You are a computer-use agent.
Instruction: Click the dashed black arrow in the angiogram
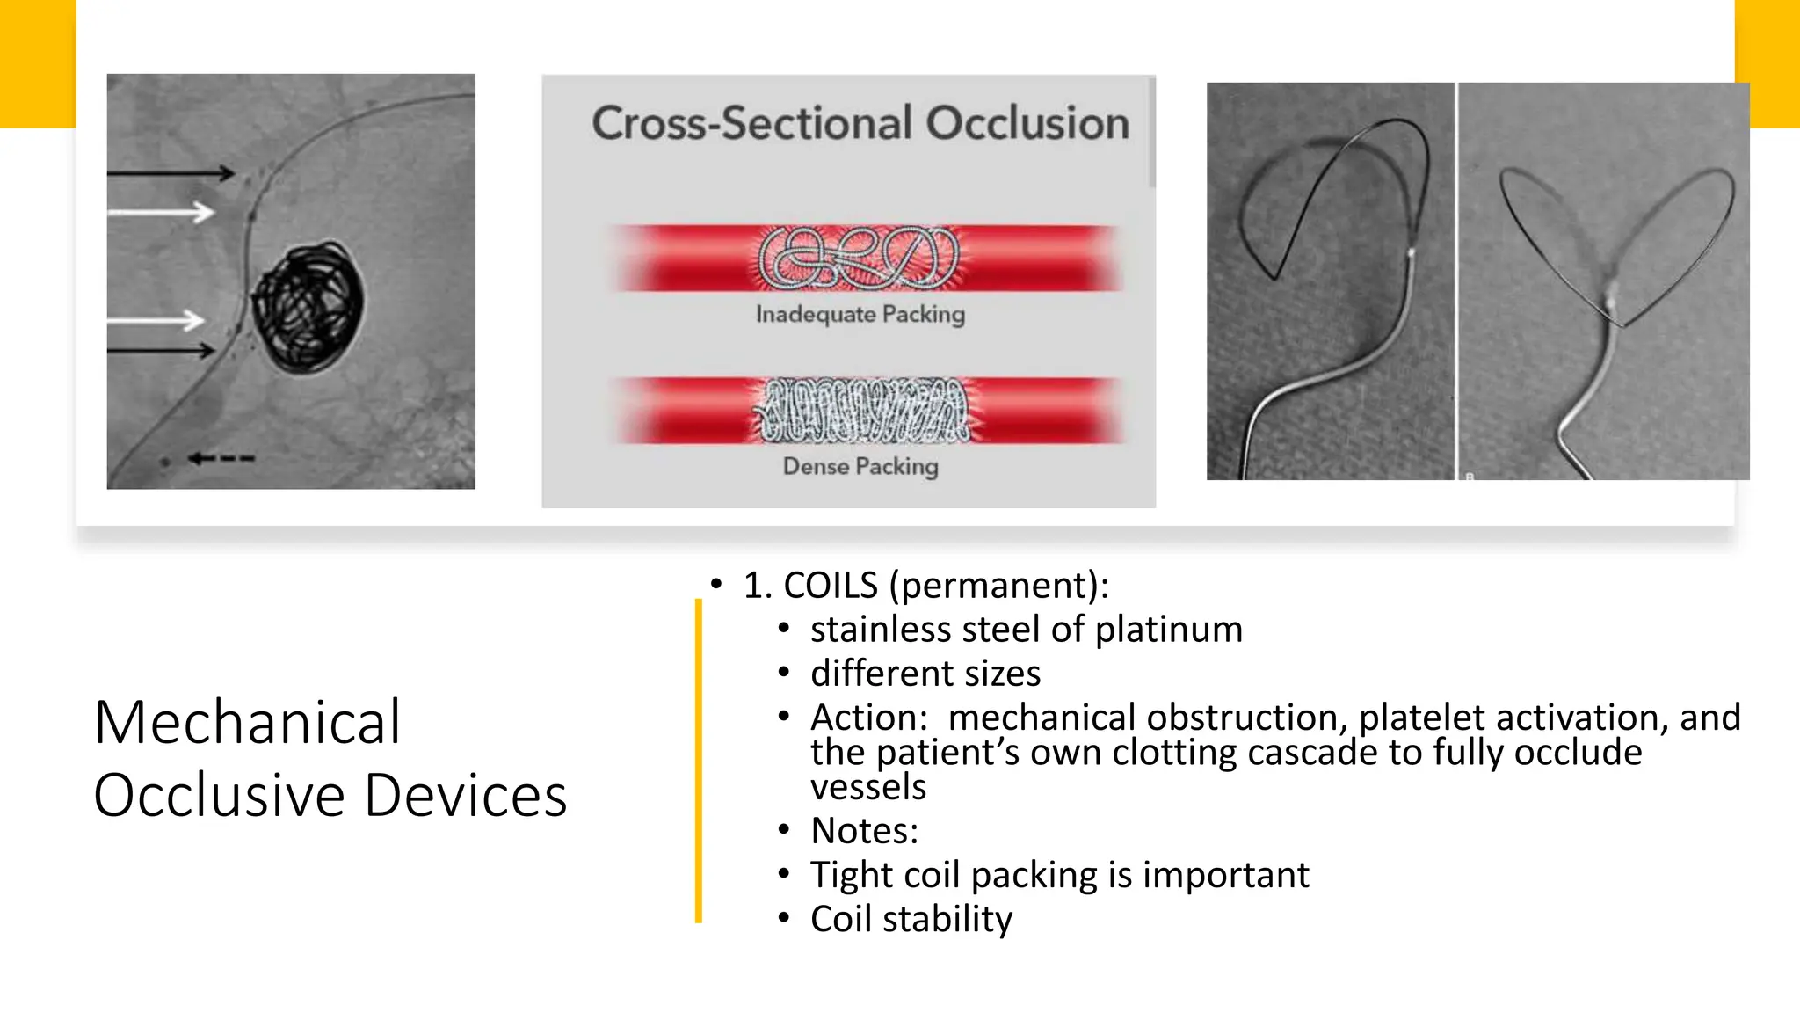[x=221, y=458]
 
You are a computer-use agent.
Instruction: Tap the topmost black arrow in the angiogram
[x=171, y=173]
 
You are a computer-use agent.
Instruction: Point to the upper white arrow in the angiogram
[x=163, y=212]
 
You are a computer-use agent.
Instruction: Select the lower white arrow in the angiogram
[x=158, y=320]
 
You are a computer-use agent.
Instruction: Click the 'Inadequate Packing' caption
[x=860, y=314]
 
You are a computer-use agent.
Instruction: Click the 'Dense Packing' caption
[x=860, y=466]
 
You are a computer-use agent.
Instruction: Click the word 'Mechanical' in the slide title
[x=247, y=723]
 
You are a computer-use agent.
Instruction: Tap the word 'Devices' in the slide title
[x=465, y=796]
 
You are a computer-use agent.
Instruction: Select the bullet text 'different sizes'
[x=925, y=674]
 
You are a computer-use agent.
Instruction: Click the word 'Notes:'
[x=864, y=831]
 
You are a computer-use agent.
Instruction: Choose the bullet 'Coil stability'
[x=911, y=919]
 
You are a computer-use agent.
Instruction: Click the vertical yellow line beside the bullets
[x=699, y=761]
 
